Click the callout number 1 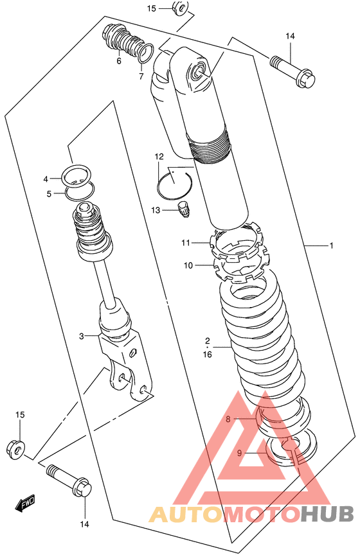[x=331, y=245]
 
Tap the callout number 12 [x=159, y=157]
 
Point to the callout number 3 [x=81, y=336]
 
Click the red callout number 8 [x=228, y=419]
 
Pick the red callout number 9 [x=240, y=453]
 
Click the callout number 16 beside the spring [x=207, y=354]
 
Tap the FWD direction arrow [x=25, y=504]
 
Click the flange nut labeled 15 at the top [x=180, y=8]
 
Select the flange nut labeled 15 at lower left [x=15, y=449]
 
